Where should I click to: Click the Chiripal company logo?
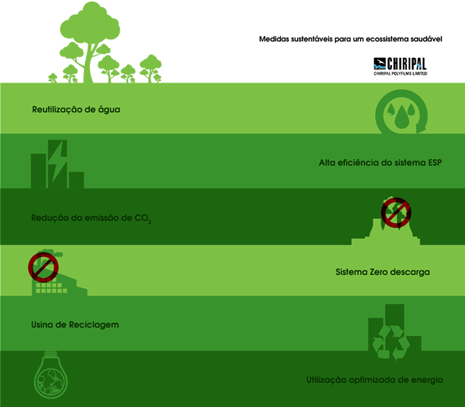(400, 67)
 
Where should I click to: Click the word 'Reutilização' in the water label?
(57, 109)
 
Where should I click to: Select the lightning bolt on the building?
(57, 161)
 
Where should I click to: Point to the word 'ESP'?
(435, 162)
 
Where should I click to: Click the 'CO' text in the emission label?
(141, 218)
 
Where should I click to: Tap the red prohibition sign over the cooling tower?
(396, 212)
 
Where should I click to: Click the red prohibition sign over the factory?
(43, 267)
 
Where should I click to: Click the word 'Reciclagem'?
(93, 325)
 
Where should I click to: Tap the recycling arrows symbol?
(391, 343)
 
